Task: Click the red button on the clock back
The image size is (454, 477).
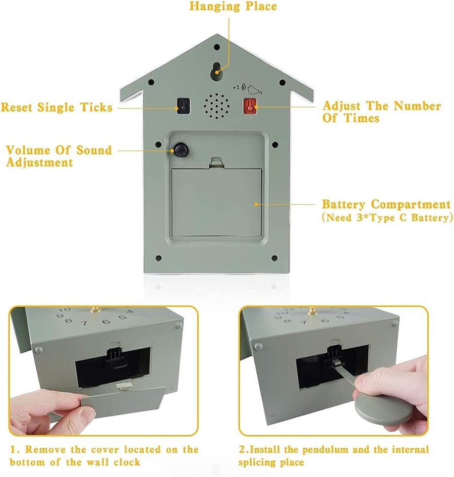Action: (x=250, y=106)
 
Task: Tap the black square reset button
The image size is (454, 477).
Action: (x=183, y=105)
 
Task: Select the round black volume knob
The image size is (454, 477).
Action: (x=181, y=150)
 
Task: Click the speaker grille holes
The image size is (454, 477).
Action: (x=216, y=106)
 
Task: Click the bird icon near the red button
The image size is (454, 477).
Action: (x=253, y=89)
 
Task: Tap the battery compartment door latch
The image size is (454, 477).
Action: (x=217, y=163)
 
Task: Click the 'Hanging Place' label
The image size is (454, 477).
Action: (x=233, y=7)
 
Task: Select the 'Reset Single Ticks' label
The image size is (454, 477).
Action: (x=57, y=108)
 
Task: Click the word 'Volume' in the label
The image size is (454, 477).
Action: (x=28, y=150)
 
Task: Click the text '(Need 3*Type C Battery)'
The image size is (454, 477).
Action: (x=387, y=218)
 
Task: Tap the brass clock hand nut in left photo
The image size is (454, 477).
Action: (x=95, y=310)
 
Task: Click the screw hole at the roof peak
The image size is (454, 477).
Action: (x=217, y=47)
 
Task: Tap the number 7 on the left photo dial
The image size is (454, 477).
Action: (x=85, y=323)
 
